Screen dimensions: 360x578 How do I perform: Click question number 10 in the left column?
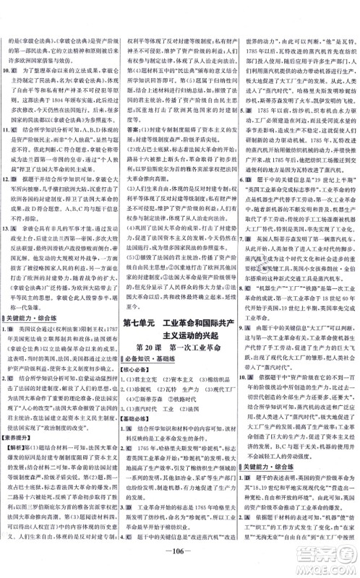tap(7, 72)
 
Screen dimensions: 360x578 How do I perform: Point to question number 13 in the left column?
tap(7, 226)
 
